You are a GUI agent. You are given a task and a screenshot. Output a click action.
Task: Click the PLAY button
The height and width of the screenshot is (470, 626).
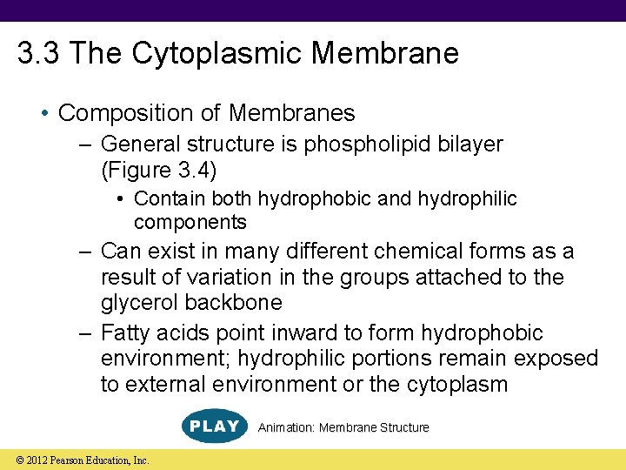(213, 426)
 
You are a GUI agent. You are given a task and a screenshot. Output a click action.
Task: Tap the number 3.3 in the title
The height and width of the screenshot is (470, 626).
(39, 53)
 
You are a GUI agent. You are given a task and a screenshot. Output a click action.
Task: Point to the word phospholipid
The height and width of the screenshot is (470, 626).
(369, 143)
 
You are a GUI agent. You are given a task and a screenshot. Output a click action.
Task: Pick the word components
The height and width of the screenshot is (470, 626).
(190, 222)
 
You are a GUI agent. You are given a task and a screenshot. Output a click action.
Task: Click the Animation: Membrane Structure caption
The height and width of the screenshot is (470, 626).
(343, 427)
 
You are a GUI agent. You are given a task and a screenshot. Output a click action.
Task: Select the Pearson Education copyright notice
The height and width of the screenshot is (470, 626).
(77, 460)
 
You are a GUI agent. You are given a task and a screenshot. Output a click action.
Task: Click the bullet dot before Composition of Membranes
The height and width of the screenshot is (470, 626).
(45, 114)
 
